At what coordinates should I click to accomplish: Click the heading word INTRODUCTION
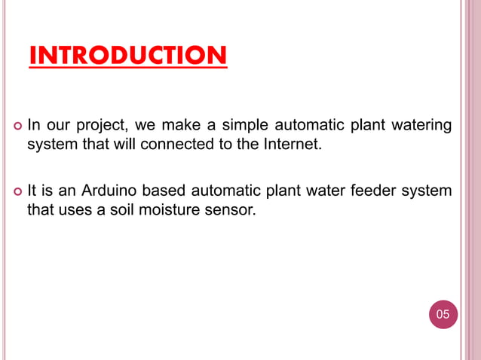(127, 56)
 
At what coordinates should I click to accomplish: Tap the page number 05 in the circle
(443, 313)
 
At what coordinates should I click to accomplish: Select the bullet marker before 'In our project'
(17, 124)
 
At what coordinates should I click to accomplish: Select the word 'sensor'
(229, 209)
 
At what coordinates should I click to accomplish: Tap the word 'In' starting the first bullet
(33, 124)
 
